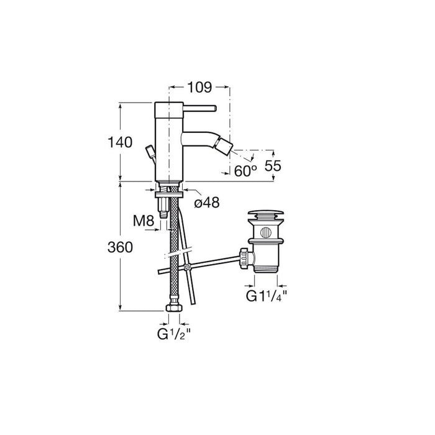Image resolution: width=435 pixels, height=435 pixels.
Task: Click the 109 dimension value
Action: point(199,88)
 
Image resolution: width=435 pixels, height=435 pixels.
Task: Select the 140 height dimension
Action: point(120,142)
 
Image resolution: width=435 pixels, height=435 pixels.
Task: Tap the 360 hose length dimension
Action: point(120,247)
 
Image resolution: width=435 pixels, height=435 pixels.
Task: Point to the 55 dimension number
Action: point(273,166)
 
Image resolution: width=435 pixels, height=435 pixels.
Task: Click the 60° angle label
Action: point(245,171)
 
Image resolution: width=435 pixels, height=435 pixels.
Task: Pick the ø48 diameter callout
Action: point(207,203)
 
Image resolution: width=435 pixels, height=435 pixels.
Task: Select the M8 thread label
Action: point(143,221)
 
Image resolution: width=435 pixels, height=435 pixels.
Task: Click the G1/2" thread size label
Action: point(174,334)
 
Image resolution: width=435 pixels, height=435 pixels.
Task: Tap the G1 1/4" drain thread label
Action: point(267,296)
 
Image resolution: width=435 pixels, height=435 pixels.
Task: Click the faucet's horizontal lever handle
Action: point(199,108)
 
